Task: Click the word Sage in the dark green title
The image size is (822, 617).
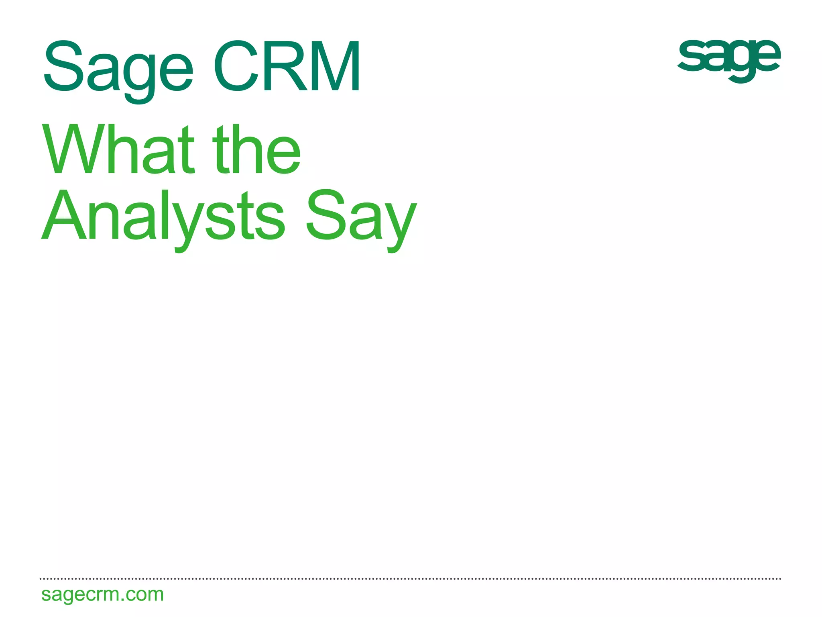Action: pos(118,68)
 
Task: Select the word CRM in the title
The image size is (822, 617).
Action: pos(287,67)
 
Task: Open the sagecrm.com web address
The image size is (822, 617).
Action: pos(102,594)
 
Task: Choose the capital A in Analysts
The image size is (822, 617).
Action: pos(64,217)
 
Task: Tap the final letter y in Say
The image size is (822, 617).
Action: pos(399,225)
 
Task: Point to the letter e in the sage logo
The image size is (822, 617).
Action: pos(765,56)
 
